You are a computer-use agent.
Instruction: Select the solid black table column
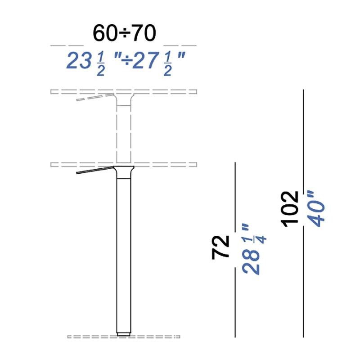coord(124,252)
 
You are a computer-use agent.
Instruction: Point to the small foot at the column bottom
coord(124,334)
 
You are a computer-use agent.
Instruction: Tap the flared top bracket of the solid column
coord(124,171)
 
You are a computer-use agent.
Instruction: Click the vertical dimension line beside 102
coord(304,135)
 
